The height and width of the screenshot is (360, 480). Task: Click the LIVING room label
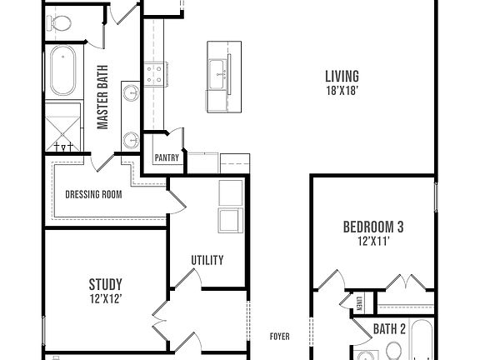[x=342, y=77]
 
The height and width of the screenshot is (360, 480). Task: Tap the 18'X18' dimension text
[x=342, y=92]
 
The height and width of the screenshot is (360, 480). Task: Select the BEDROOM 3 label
[x=373, y=226]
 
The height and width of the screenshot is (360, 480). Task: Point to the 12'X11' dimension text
[x=373, y=241]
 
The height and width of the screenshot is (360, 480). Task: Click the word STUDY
[x=106, y=282]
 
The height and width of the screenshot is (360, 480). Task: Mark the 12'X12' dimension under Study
[x=106, y=297]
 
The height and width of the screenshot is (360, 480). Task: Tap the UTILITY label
[x=207, y=260]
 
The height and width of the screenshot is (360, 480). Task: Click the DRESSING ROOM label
[x=93, y=196]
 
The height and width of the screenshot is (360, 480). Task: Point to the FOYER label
[x=280, y=337]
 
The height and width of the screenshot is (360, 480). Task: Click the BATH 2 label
[x=389, y=329]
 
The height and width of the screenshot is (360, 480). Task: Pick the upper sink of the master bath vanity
[x=132, y=91]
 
